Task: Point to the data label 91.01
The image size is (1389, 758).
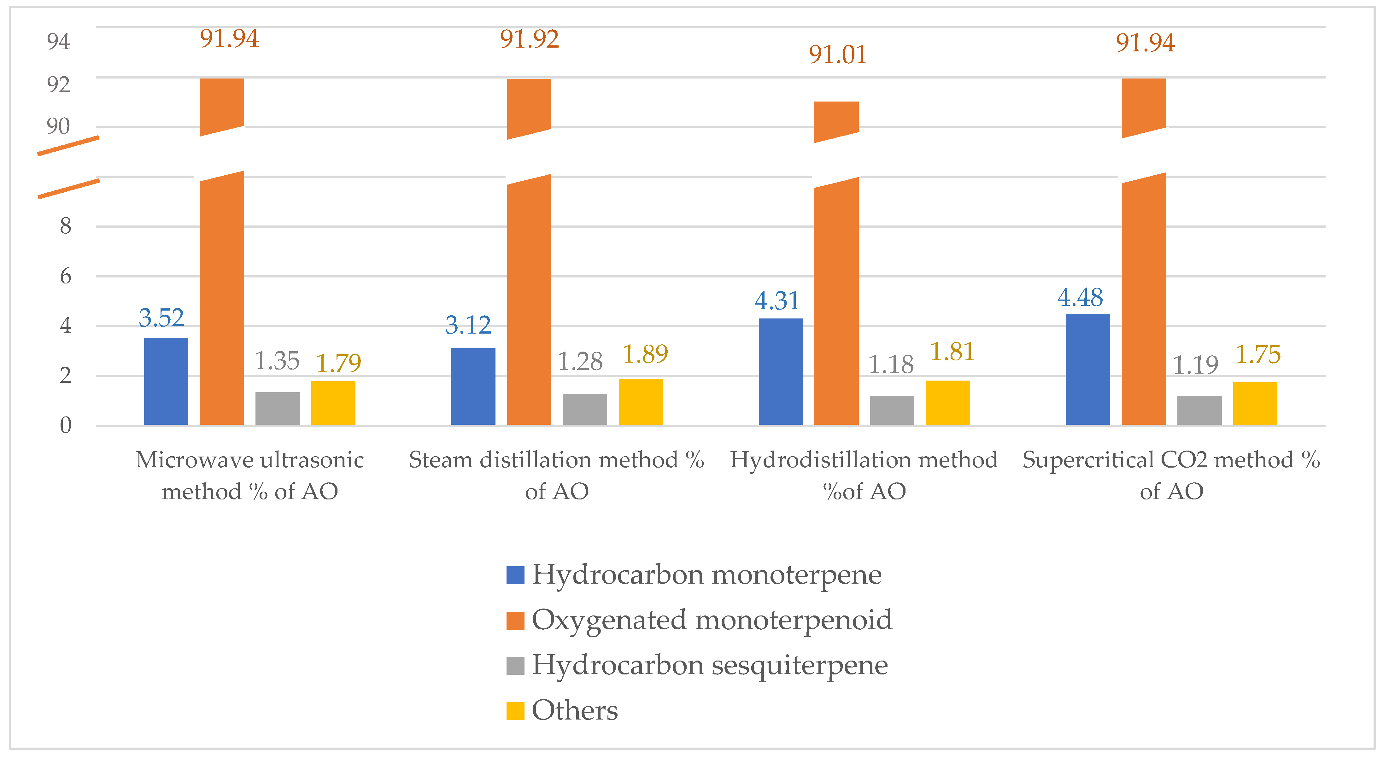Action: (837, 55)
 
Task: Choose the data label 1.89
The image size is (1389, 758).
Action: (645, 354)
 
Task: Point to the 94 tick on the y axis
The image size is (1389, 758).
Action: (58, 42)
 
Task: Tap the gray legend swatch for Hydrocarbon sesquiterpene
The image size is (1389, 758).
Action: (515, 665)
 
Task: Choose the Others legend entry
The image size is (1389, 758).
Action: (575, 711)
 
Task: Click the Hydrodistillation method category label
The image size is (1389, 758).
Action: (864, 475)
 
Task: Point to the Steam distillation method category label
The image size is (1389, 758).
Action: (556, 475)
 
